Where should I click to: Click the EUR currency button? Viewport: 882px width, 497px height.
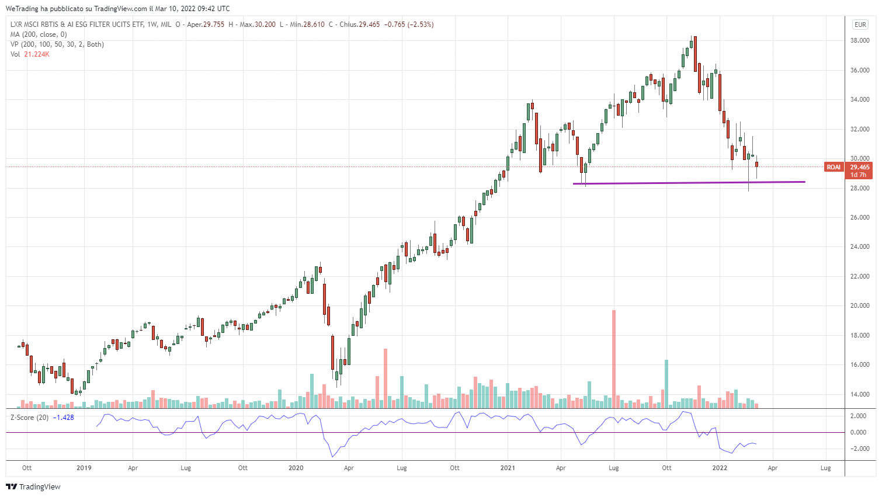[x=860, y=25]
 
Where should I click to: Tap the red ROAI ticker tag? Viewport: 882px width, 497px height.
[x=833, y=167]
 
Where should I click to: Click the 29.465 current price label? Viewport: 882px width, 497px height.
[x=859, y=167]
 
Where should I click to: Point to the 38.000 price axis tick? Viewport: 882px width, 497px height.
[x=859, y=41]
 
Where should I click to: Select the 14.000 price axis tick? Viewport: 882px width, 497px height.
[x=859, y=394]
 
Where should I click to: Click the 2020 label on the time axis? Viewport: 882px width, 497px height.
[x=296, y=468]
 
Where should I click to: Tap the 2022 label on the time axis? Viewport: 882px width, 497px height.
[x=720, y=468]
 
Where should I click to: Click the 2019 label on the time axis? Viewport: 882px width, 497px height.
[x=84, y=468]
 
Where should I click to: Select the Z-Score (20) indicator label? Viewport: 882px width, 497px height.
[x=30, y=418]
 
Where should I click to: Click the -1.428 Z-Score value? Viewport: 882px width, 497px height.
[x=64, y=418]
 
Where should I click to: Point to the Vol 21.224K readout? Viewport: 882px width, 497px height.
[x=30, y=54]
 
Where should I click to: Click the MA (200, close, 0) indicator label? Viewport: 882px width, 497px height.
[x=39, y=34]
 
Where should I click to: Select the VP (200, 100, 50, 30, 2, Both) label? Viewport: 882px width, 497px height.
[x=57, y=44]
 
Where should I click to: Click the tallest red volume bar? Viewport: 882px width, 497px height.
[x=614, y=359]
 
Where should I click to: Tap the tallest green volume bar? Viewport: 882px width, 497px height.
[x=666, y=384]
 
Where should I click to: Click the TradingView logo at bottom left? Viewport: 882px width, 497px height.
[x=33, y=486]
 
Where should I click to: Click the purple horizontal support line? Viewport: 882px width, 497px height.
[x=689, y=183]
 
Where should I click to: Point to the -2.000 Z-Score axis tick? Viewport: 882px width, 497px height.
[x=858, y=449]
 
